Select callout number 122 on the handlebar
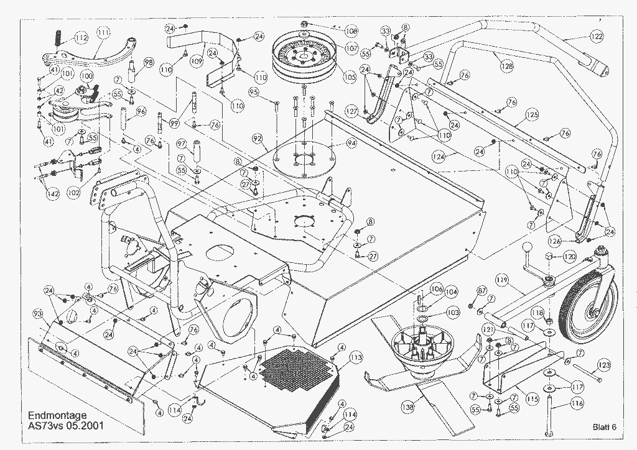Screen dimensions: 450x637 [596, 37]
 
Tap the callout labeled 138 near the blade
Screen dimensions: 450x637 [407, 407]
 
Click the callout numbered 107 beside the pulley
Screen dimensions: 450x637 [351, 48]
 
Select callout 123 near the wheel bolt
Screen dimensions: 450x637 [603, 365]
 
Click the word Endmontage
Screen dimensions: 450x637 [57, 415]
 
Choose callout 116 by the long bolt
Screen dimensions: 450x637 [577, 404]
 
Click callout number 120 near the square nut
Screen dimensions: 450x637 [569, 256]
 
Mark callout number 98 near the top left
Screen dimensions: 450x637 [149, 62]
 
